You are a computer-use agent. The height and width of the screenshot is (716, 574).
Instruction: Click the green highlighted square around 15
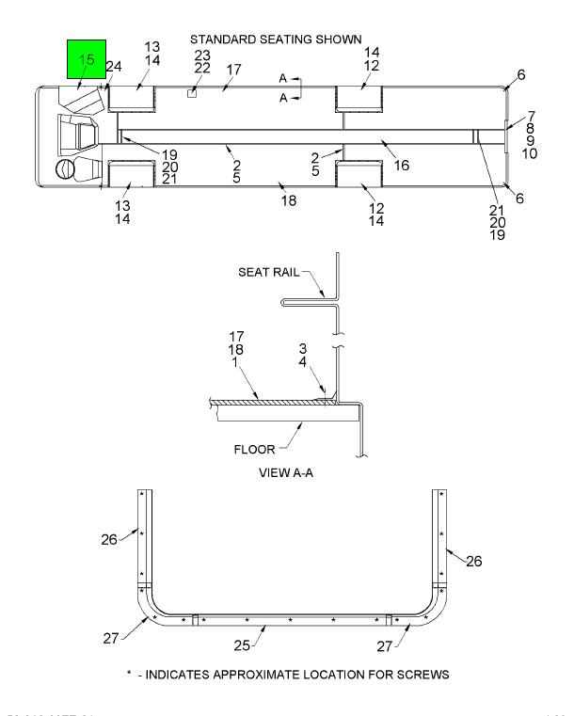[86, 59]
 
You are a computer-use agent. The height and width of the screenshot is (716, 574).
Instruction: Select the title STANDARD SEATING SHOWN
[276, 40]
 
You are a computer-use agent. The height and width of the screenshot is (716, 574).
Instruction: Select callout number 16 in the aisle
[401, 166]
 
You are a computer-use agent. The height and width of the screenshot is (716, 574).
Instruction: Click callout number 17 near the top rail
[234, 70]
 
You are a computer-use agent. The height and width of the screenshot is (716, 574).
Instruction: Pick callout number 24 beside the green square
[114, 67]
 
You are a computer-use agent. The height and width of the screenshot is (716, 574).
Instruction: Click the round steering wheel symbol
[65, 169]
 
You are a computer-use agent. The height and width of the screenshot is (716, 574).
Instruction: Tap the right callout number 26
[474, 561]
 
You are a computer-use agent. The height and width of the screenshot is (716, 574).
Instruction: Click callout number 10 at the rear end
[530, 154]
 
